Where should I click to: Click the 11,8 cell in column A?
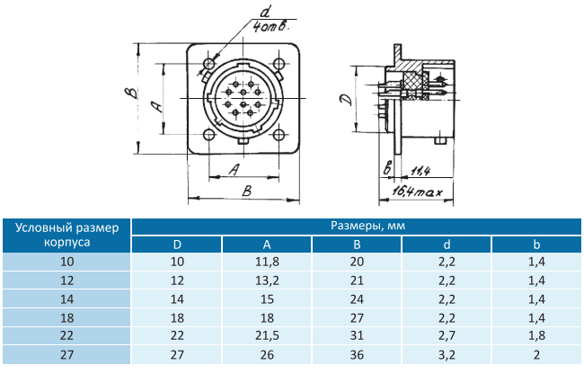pos(267,262)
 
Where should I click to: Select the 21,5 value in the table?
pos(267,335)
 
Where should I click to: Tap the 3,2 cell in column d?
pos(447,354)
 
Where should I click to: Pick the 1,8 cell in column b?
pos(536,335)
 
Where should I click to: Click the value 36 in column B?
pos(357,354)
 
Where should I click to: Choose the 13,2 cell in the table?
pos(267,280)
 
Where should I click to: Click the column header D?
pos(177,245)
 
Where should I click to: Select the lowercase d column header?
pos(447,245)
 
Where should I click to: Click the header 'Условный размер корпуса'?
pos(67,235)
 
